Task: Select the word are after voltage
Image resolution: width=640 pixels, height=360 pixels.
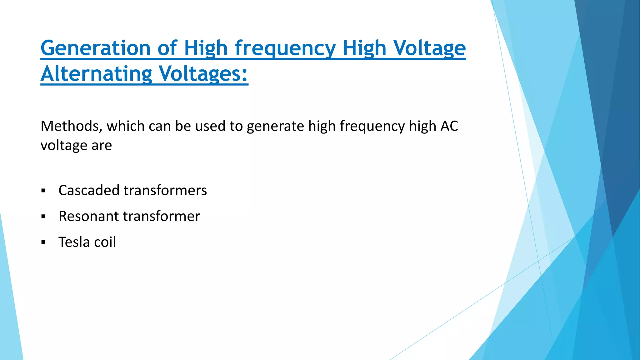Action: (102, 145)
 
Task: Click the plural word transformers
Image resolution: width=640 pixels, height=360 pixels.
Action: (165, 190)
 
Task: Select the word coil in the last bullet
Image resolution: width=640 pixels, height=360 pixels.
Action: (105, 242)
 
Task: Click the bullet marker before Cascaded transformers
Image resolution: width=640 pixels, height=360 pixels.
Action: (43, 191)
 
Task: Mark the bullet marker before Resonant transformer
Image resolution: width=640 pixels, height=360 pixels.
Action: (43, 217)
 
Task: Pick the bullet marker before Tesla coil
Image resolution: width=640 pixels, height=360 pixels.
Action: (43, 242)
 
